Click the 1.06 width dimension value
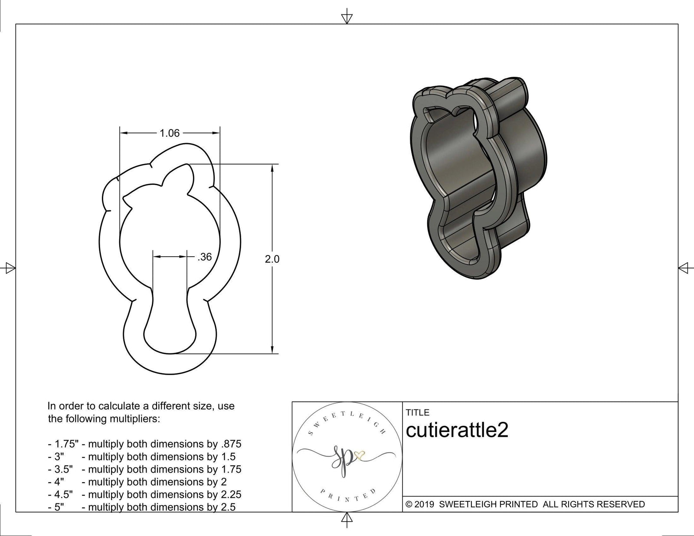tap(170, 133)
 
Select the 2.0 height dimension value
tap(272, 259)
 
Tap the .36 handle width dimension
tap(204, 257)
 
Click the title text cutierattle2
tap(457, 431)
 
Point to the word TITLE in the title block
tap(418, 412)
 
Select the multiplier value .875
tap(231, 444)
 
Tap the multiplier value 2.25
tap(231, 494)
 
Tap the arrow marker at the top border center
tap(347, 18)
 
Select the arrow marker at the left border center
tap(9, 268)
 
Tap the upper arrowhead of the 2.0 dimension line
tap(272, 169)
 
